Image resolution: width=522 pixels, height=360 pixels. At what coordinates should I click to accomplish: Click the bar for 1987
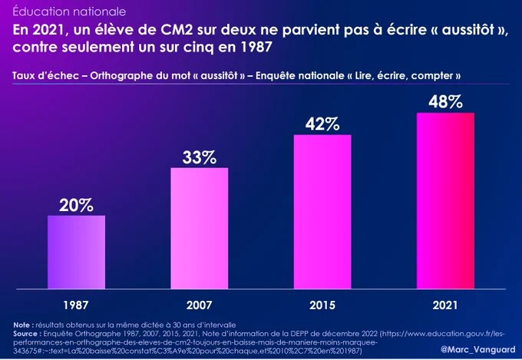pyautogui.click(x=76, y=253)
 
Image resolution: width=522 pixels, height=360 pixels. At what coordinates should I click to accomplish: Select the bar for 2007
pyautogui.click(x=199, y=229)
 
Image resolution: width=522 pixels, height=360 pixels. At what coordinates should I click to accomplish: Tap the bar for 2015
pyautogui.click(x=322, y=213)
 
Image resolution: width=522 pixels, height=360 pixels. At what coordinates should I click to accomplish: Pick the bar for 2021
pyautogui.click(x=445, y=202)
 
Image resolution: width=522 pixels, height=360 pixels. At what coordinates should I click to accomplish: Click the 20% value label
pyautogui.click(x=76, y=205)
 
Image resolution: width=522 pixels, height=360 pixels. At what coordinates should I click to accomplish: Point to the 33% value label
pyautogui.click(x=199, y=157)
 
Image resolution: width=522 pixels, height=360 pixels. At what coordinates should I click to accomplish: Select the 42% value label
pyautogui.click(x=322, y=124)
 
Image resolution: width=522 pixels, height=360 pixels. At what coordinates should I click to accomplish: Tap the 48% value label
pyautogui.click(x=445, y=102)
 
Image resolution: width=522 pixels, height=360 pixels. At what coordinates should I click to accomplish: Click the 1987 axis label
pyautogui.click(x=76, y=304)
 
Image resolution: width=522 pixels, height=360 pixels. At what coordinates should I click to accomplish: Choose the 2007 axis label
pyautogui.click(x=199, y=304)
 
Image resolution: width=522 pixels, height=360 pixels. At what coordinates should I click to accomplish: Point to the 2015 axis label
pyautogui.click(x=322, y=304)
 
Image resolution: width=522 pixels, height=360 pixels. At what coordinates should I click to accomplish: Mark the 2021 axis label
pyautogui.click(x=445, y=304)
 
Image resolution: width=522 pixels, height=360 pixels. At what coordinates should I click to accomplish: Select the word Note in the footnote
pyautogui.click(x=22, y=325)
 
